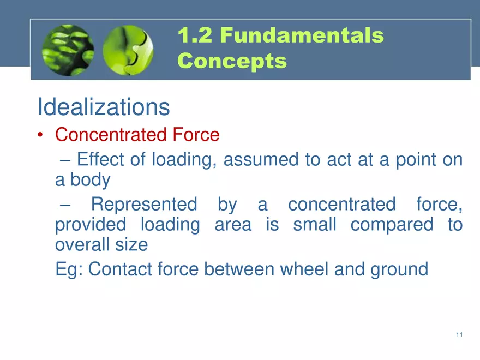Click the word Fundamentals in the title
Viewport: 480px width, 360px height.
302,35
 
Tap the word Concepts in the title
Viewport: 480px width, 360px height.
232,61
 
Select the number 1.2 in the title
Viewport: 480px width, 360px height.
195,35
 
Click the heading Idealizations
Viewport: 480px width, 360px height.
104,106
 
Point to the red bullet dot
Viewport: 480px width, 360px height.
40,135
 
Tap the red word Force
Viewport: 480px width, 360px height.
196,134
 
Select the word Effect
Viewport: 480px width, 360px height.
100,159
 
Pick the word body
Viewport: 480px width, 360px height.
91,179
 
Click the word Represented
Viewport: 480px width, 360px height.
144,204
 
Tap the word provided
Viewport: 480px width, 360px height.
91,225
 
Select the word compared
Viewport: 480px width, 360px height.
392,225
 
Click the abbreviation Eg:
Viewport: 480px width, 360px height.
69,269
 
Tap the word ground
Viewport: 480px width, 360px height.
399,269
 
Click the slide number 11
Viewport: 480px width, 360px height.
459,334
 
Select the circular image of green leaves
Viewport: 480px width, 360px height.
68,50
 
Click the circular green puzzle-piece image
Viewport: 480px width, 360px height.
128,50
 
